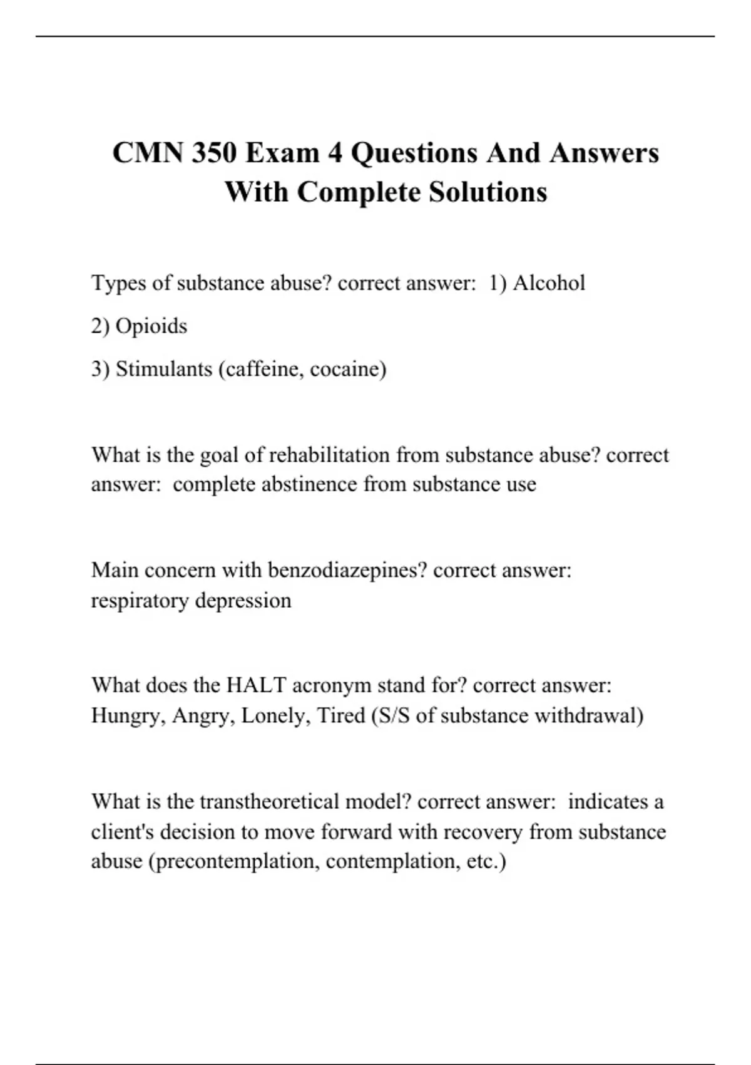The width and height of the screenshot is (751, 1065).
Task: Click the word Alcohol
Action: (x=549, y=283)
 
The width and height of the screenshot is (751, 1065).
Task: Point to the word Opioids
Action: (x=151, y=326)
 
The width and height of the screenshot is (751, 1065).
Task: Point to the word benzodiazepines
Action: (x=347, y=571)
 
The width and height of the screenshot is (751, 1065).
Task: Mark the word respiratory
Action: (x=140, y=601)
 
